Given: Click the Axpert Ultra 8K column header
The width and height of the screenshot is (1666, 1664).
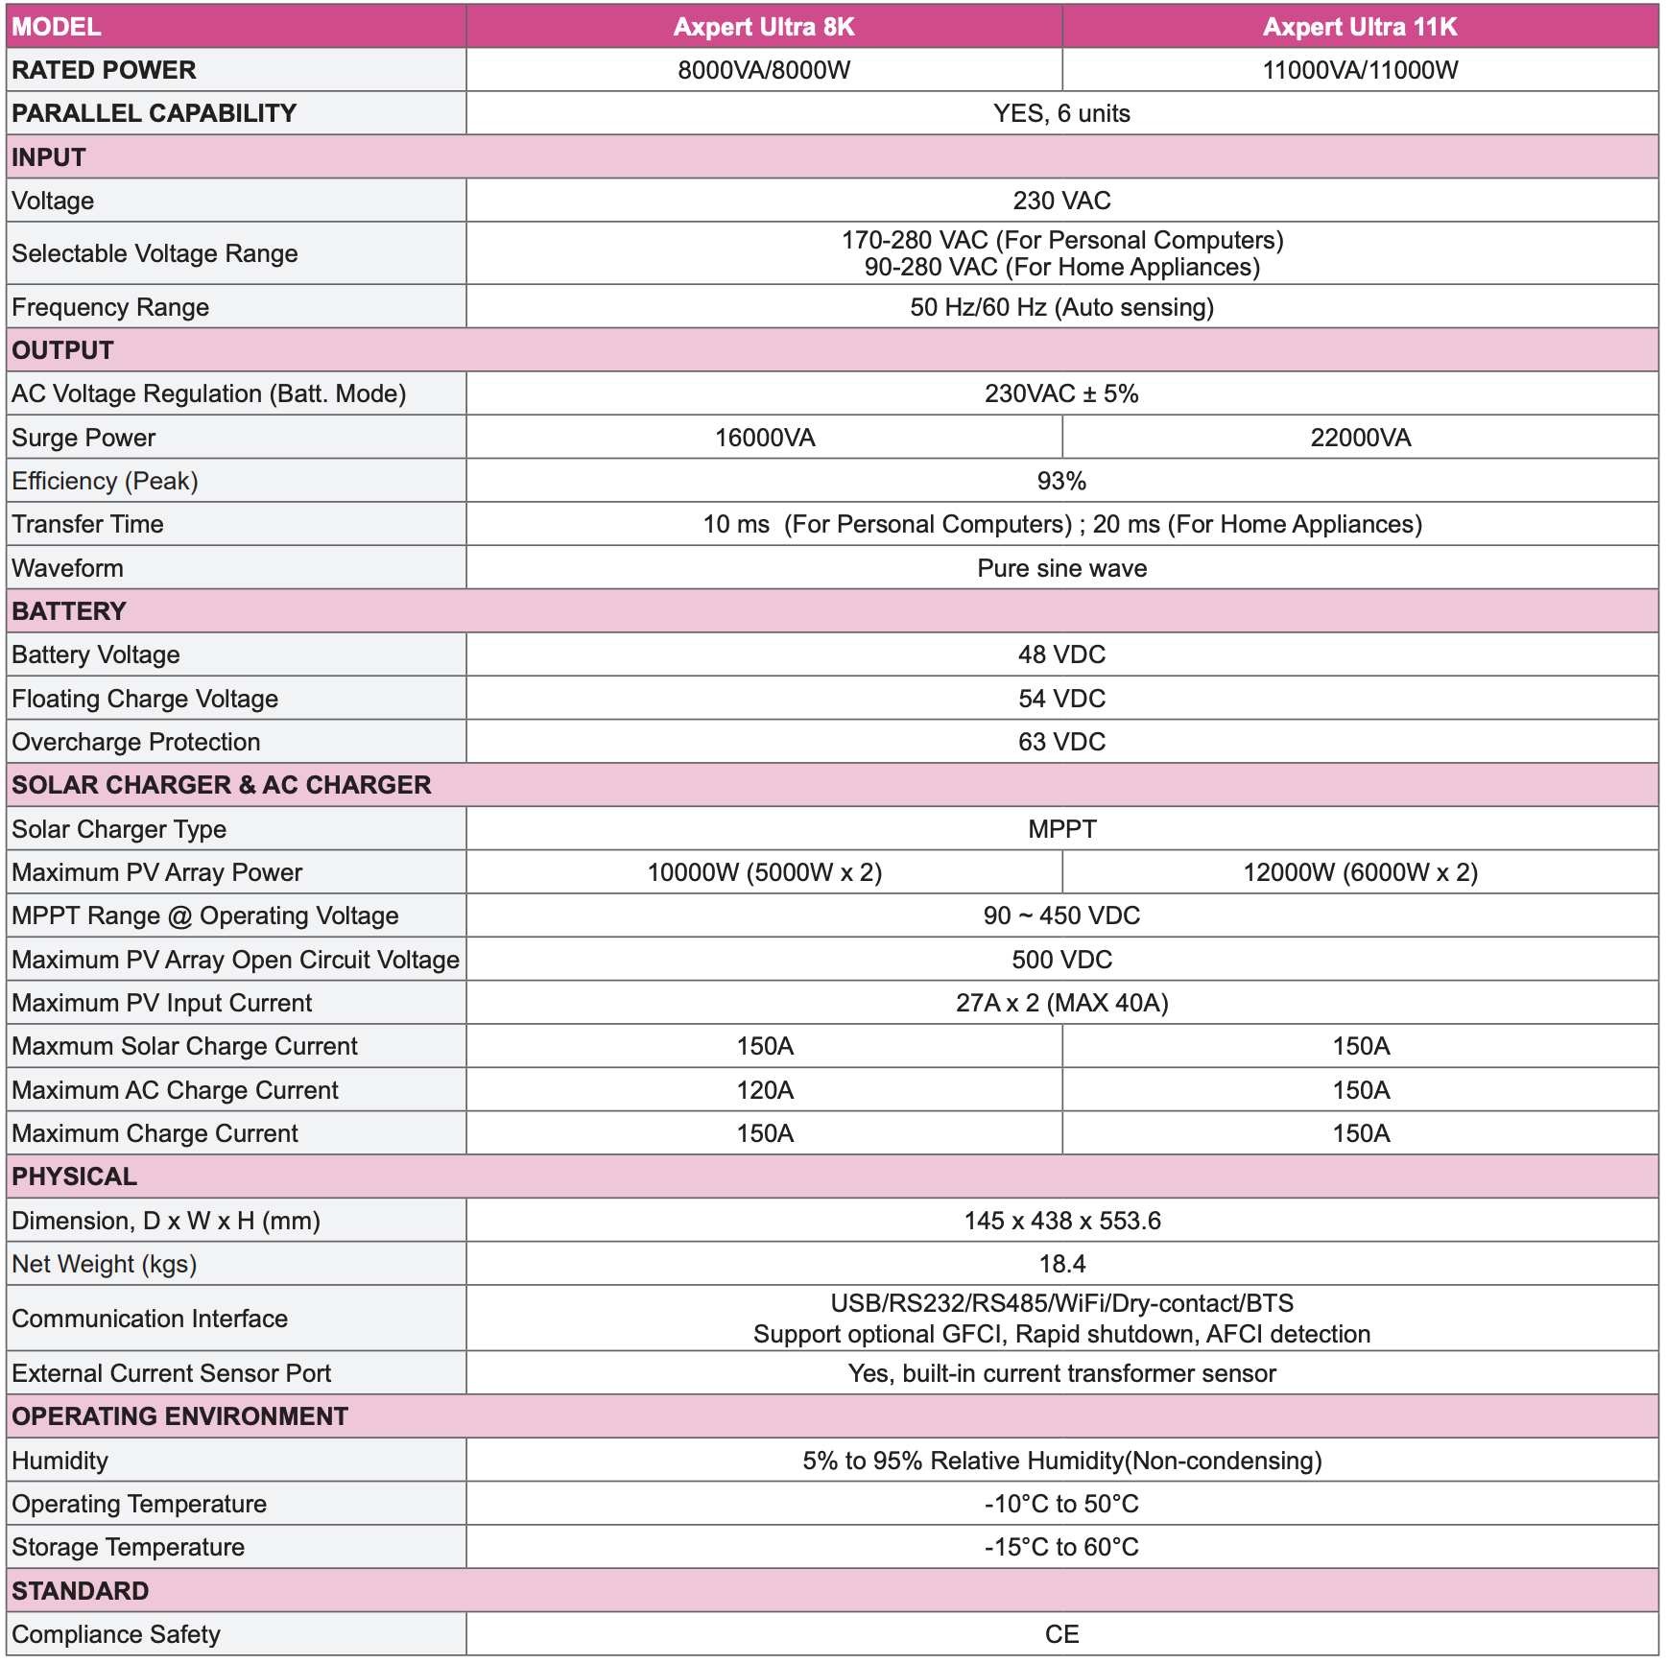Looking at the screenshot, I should (764, 27).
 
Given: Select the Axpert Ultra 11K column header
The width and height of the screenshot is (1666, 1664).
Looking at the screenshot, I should (1360, 27).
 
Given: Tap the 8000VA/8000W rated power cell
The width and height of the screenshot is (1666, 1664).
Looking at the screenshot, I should (764, 70).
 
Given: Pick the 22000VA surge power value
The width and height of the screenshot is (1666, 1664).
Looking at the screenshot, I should (1360, 438).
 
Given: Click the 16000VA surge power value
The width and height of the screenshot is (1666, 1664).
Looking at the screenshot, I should (764, 438).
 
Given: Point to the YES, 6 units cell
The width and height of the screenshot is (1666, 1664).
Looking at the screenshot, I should (1061, 113).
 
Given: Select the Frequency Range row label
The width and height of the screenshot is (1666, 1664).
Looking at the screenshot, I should (110, 307).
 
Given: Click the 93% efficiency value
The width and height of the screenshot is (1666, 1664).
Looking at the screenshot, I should (1061, 481).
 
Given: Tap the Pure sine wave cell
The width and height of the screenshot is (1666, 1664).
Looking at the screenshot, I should (1061, 568).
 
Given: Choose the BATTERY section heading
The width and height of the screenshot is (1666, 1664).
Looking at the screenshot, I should (69, 611).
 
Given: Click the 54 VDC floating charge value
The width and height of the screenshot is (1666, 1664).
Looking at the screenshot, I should (1061, 699).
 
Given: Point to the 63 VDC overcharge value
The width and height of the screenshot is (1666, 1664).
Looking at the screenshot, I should (1061, 742).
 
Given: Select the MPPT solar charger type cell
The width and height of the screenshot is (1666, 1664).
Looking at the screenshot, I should (1061, 829).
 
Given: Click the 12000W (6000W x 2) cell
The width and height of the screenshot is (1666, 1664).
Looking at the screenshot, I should (1360, 872).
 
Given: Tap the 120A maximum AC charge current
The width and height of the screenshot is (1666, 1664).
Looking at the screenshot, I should (764, 1090).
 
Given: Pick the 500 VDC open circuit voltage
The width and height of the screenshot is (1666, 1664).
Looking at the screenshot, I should (1061, 960).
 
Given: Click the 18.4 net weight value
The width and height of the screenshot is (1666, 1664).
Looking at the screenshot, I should (1061, 1264).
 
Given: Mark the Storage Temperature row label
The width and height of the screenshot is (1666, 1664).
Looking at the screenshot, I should (128, 1547).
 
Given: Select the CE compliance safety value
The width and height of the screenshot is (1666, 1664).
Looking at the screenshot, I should (1061, 1634).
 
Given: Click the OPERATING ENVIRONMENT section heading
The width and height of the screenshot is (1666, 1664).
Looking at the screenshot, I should (179, 1416).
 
